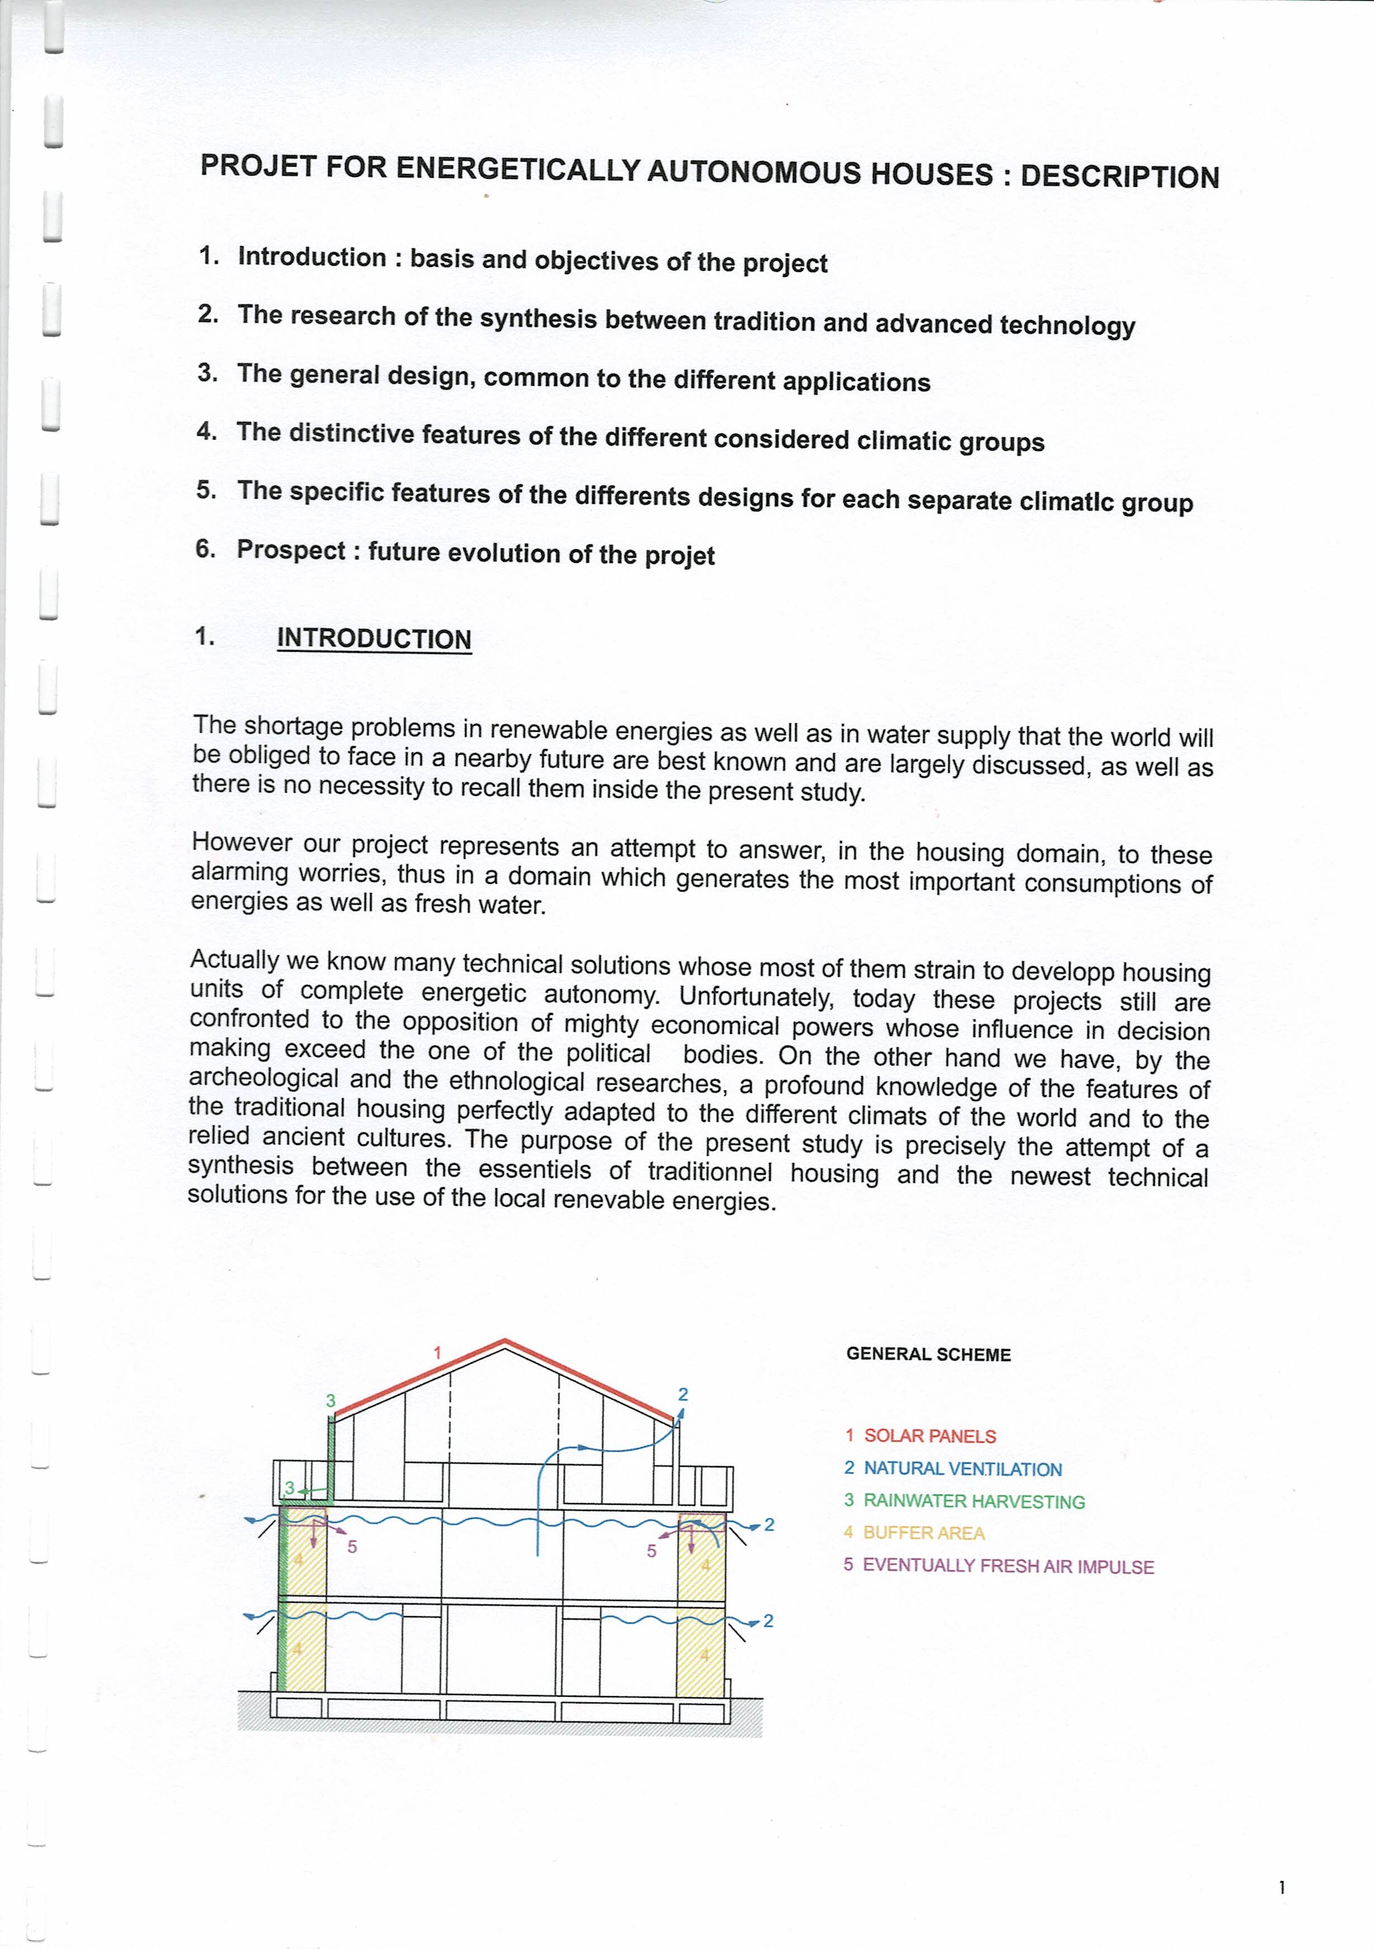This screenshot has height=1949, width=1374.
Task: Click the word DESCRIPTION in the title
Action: click(1120, 177)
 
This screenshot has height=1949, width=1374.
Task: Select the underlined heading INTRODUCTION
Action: click(374, 639)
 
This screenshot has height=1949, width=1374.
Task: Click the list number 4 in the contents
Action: click(205, 431)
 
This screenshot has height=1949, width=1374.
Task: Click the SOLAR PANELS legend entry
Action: click(929, 1436)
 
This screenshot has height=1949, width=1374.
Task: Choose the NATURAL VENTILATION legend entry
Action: click(962, 1468)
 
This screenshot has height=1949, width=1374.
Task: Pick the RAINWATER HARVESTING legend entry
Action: click(974, 1501)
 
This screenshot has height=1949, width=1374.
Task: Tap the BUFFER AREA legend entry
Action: click(923, 1533)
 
